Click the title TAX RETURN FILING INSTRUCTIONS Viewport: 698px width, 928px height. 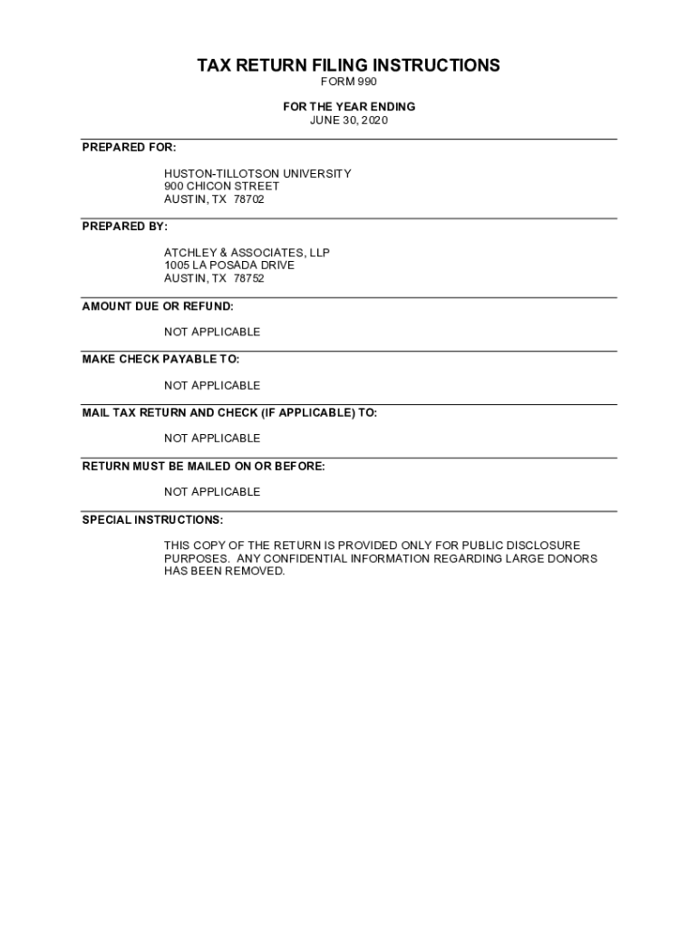[x=348, y=65]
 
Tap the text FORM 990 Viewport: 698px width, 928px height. [x=348, y=82]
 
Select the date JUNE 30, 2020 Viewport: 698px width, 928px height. [x=348, y=121]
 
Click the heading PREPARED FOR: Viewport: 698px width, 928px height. [x=130, y=147]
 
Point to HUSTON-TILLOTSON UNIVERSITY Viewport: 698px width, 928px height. [x=257, y=173]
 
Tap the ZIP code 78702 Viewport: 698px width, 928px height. [x=249, y=199]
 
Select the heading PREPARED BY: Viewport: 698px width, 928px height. [x=125, y=226]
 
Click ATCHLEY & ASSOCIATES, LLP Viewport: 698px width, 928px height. [x=247, y=252]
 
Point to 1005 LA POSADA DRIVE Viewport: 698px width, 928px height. [x=229, y=265]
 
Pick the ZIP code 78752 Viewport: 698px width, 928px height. [x=249, y=278]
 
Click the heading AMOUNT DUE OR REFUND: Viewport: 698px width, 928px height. [x=158, y=305]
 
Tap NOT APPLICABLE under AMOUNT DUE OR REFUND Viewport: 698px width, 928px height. [x=212, y=332]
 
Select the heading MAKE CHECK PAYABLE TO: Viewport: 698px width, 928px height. [x=161, y=359]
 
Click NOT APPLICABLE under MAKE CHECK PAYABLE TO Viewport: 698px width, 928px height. [x=212, y=385]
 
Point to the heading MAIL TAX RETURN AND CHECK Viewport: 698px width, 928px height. [x=229, y=412]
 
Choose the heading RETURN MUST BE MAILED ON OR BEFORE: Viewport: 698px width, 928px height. [x=204, y=466]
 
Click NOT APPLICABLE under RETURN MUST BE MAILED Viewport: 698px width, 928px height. [x=212, y=491]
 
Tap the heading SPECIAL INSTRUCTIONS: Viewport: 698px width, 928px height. [x=153, y=519]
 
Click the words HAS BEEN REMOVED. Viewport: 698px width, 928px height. [x=224, y=572]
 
